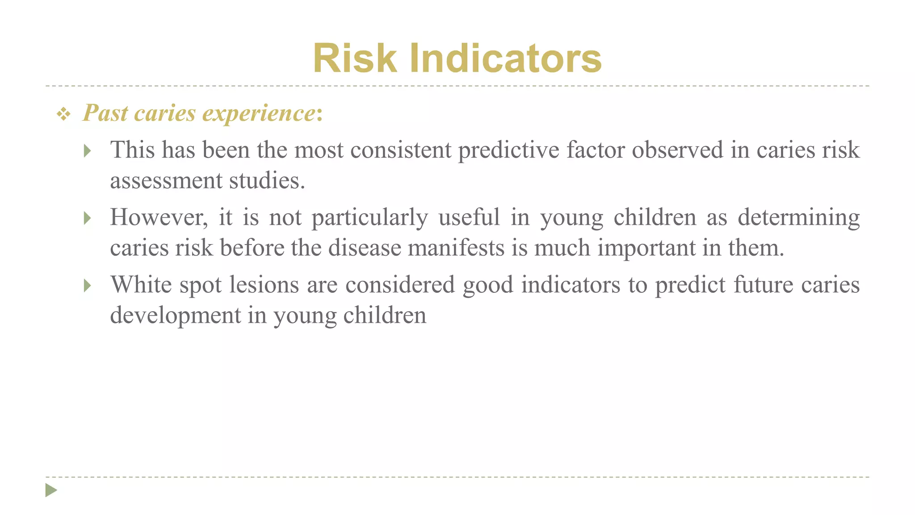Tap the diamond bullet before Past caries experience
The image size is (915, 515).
(63, 114)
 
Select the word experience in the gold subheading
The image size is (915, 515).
(259, 113)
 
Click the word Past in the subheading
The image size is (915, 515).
(105, 113)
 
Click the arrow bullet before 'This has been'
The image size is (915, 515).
(88, 151)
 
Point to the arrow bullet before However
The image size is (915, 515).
(88, 218)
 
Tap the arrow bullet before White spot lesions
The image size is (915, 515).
(88, 285)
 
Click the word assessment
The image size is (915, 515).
(166, 181)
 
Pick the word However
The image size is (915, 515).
(159, 218)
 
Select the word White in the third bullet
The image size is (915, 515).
(141, 285)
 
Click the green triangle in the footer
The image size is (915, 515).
(51, 490)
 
